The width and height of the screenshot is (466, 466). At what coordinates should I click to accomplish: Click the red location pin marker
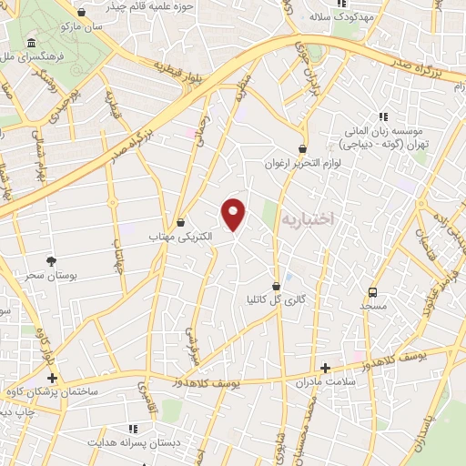coord(235,214)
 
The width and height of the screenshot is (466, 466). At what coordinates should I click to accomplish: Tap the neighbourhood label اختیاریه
coord(307,219)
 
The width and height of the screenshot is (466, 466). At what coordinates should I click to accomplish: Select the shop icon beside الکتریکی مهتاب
coord(181,221)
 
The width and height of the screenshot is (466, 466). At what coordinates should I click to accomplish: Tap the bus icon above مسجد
coord(372,292)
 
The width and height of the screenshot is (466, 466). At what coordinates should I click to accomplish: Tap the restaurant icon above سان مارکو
coord(83,13)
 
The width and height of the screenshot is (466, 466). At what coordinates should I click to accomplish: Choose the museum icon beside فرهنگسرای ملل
coord(32,45)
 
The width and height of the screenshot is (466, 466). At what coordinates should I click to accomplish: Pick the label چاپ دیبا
coord(15,412)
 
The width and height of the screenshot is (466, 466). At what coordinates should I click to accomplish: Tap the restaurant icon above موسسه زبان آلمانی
coord(383,116)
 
